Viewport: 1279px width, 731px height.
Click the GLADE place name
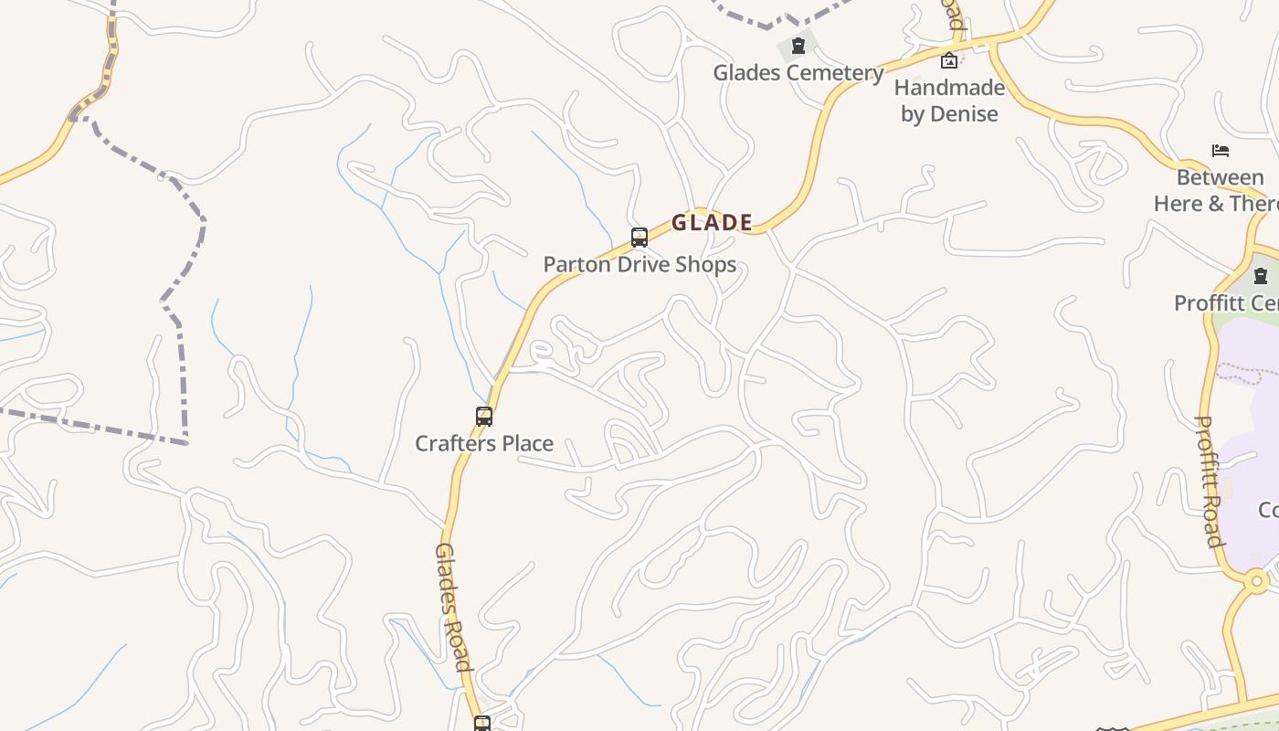coord(712,222)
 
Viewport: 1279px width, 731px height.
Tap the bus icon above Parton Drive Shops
coord(639,238)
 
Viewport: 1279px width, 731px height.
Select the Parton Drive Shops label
coord(639,265)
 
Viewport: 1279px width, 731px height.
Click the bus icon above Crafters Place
coord(484,417)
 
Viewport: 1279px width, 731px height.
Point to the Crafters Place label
coord(484,443)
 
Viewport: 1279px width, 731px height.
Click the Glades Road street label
coord(452,607)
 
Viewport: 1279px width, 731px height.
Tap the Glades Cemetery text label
coord(798,73)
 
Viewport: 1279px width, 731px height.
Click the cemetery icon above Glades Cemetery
coord(798,46)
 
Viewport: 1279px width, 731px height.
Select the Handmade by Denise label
coord(949,101)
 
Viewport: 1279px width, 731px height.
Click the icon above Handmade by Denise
coord(949,61)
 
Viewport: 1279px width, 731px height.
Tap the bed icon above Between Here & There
coord(1221,150)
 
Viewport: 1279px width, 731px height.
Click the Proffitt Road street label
coord(1210,482)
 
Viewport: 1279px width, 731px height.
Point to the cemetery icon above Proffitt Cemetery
coord(1261,275)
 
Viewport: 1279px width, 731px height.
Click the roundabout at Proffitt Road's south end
coord(1257,580)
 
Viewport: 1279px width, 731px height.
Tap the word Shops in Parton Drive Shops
coord(703,265)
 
